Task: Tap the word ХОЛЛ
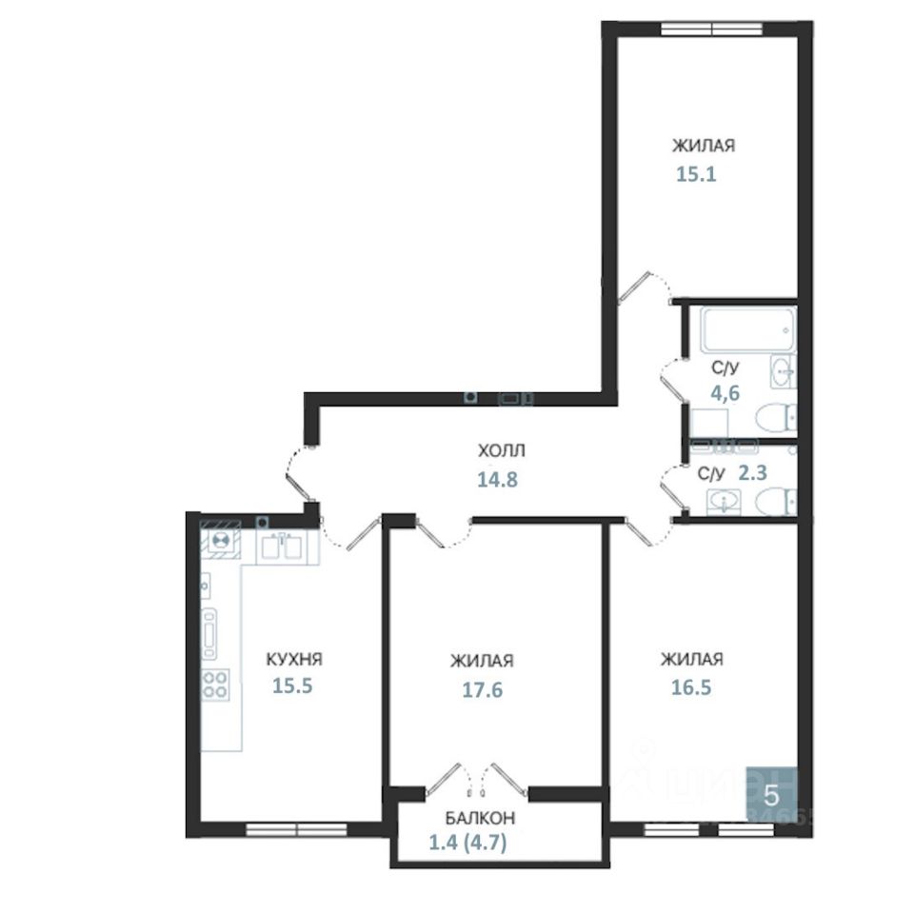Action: (501, 450)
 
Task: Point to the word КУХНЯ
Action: (294, 659)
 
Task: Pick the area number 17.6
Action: (483, 689)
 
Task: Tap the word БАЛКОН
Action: (480, 817)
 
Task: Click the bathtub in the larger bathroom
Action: (746, 328)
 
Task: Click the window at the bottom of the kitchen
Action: (285, 829)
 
